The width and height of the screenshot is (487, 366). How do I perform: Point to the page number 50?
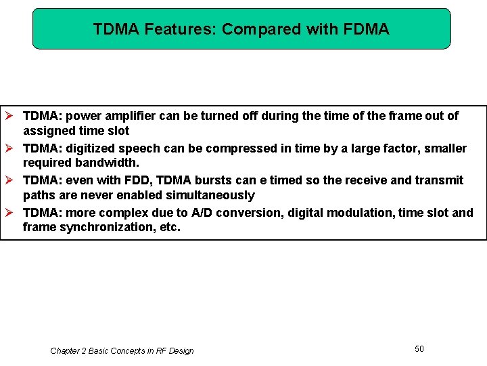click(419, 348)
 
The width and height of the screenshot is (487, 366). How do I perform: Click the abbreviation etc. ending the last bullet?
click(170, 227)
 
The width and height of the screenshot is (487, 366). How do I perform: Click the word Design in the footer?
click(180, 351)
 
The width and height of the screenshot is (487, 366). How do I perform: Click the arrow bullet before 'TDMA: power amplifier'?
click(9, 116)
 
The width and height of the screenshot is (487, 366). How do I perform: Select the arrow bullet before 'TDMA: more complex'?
click(9, 213)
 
